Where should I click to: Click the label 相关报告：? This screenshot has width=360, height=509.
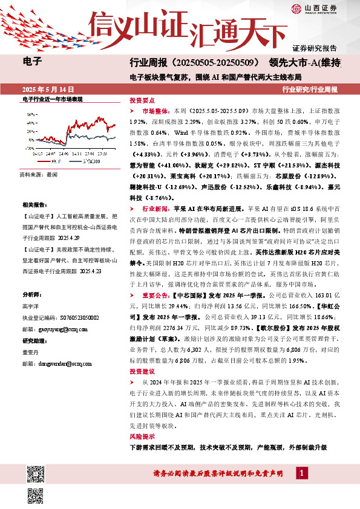coord(34,206)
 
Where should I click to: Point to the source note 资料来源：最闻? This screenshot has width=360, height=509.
coord(38,173)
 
